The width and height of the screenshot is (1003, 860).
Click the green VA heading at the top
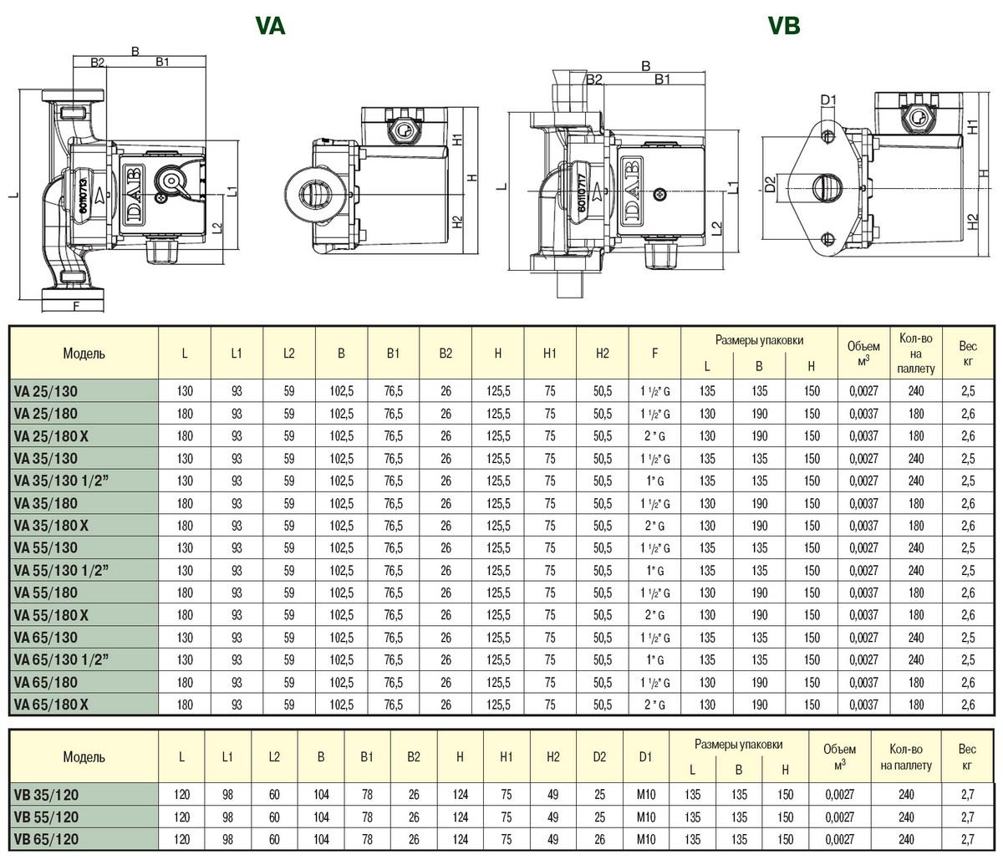pyautogui.click(x=270, y=26)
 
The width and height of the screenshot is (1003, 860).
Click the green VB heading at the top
pyautogui.click(x=784, y=26)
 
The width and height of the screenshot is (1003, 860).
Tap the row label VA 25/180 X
pyautogui.click(x=51, y=436)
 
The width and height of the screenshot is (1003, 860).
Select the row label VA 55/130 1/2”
pyautogui.click(x=61, y=570)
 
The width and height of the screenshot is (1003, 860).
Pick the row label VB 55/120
pyautogui.click(x=46, y=817)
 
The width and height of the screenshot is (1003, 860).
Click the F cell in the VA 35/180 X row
pyautogui.click(x=654, y=526)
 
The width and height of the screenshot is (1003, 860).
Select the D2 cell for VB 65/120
pyautogui.click(x=599, y=839)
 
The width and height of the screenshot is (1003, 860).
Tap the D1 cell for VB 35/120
pyautogui.click(x=646, y=795)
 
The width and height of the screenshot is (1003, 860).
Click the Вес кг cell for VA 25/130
pyautogui.click(x=968, y=391)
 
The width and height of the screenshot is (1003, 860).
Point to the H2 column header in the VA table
pyautogui.click(x=602, y=354)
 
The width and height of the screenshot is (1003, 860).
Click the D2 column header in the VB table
pyautogui.click(x=599, y=756)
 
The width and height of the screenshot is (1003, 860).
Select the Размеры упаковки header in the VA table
pyautogui.click(x=759, y=340)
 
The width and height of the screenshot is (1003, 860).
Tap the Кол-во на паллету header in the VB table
pyautogui.click(x=906, y=757)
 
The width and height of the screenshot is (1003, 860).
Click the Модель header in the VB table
pyautogui.click(x=84, y=756)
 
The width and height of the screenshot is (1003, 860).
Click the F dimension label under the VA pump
pyautogui.click(x=76, y=306)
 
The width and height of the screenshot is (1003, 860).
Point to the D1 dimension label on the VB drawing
pyautogui.click(x=828, y=100)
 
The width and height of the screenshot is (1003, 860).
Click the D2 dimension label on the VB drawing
pyautogui.click(x=770, y=185)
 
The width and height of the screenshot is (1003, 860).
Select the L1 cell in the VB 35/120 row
pyautogui.click(x=227, y=795)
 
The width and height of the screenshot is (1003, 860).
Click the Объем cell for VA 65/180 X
pyautogui.click(x=863, y=705)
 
